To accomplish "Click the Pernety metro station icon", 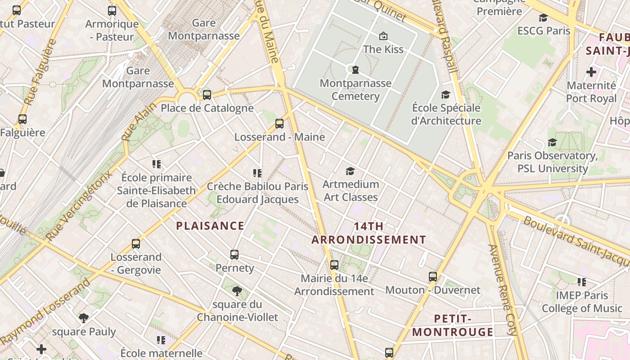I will click(234, 255).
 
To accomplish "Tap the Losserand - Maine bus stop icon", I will click(279, 124).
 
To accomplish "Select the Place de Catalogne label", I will click(207, 108).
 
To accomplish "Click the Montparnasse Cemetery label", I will click(355, 90).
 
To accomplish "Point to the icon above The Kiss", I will click(383, 36).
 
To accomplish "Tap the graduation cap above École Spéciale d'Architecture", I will click(445, 95).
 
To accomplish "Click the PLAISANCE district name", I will click(210, 226).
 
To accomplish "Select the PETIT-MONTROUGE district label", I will click(453, 325).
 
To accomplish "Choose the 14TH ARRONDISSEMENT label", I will click(369, 233).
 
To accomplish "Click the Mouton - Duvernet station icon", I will click(433, 277).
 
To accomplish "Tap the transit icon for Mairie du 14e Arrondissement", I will click(334, 265).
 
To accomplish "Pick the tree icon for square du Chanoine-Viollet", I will click(237, 291).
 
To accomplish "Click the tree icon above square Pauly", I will click(84, 318).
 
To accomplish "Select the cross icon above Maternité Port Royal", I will click(591, 72).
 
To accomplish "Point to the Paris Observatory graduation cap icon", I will click(552, 143).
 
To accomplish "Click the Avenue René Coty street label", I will click(503, 290).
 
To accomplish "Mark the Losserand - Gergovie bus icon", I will click(136, 244).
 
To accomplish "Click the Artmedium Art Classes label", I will click(351, 191).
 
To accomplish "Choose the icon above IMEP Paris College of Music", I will click(582, 282).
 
